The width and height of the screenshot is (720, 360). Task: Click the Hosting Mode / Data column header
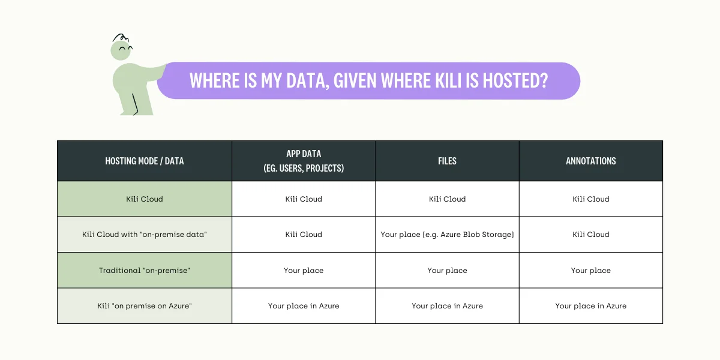pos(145,161)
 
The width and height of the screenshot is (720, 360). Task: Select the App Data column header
pos(304,161)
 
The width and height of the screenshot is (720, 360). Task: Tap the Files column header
pos(447,161)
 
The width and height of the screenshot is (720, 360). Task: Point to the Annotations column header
pos(591,161)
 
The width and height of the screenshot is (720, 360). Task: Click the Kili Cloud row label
pos(145,199)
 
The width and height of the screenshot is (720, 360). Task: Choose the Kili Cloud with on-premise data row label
pos(145,235)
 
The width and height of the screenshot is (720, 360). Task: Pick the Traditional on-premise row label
pos(145,271)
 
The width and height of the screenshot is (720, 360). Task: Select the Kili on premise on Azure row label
pos(145,305)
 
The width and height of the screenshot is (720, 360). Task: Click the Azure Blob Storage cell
pos(447,235)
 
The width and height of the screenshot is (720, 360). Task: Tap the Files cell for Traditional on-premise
pos(447,271)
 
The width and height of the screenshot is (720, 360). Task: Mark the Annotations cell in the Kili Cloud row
pos(591,199)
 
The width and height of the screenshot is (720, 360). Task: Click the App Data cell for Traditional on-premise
pos(304,271)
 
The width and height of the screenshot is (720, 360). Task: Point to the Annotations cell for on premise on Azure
pos(591,305)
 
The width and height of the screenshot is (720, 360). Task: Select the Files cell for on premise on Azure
pos(447,305)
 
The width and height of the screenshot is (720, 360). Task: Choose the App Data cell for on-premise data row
pos(304,235)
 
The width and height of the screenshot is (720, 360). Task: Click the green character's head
pos(121,50)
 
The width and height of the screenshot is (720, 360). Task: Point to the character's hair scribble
pos(121,38)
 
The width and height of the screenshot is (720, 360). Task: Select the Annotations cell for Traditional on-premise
pos(591,271)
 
